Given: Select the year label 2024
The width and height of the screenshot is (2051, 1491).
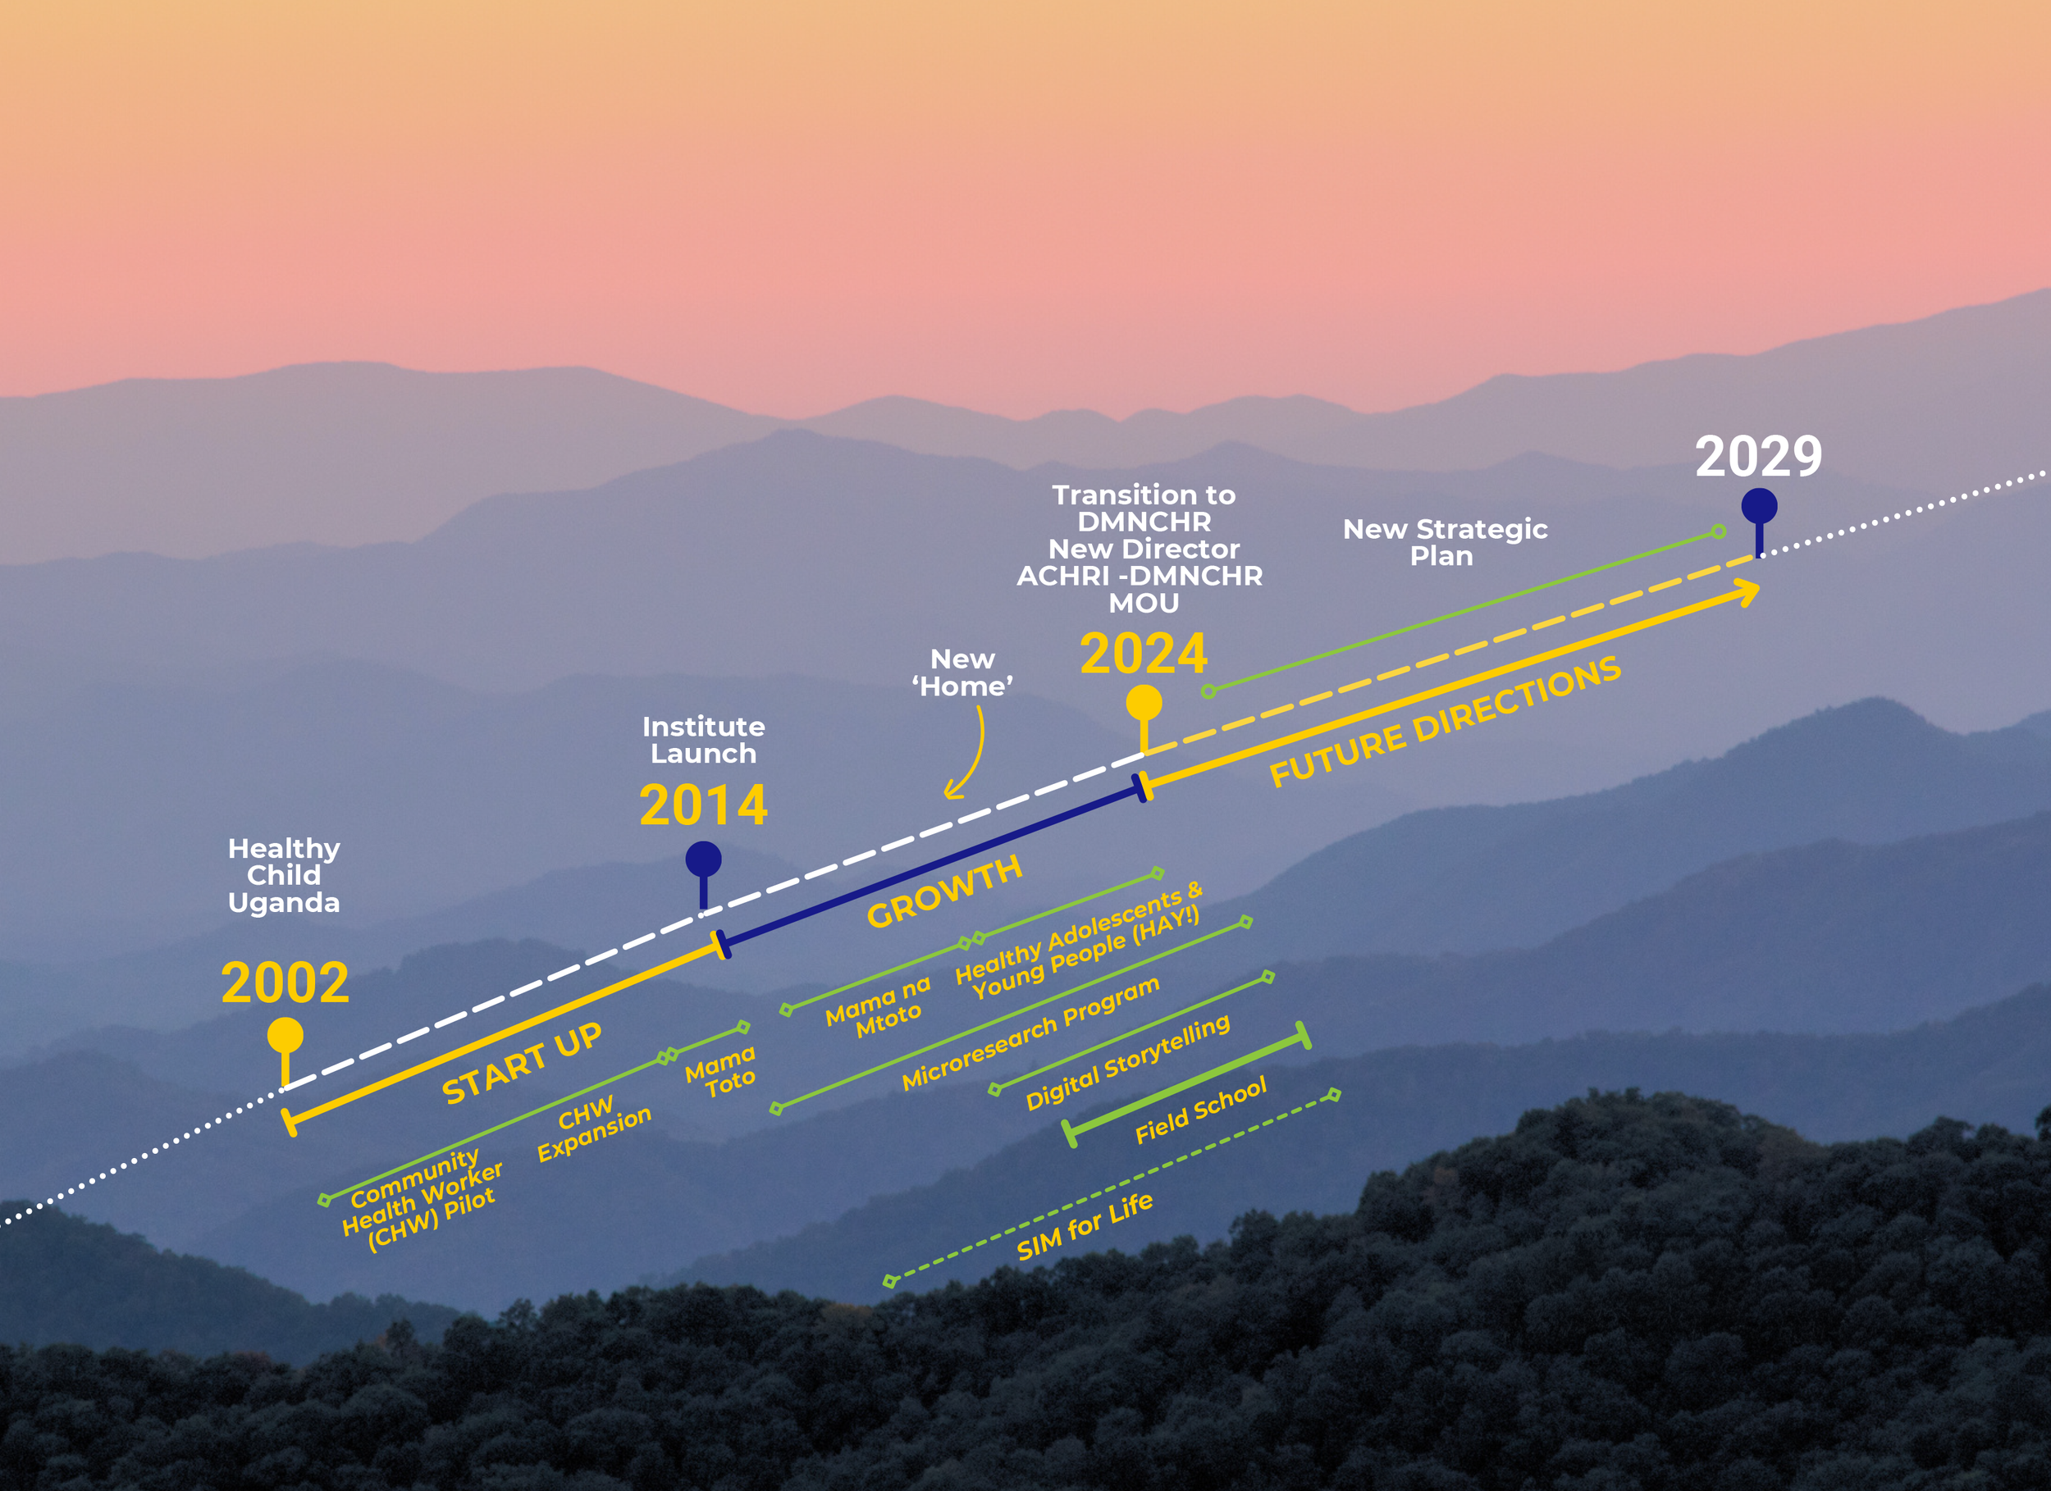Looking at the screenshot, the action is coord(1143,654).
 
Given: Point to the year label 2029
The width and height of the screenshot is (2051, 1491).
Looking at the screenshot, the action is coord(1758,457).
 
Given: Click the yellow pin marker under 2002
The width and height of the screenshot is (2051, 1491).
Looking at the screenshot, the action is coord(285,1036).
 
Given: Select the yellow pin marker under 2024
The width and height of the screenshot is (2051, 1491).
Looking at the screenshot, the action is coord(1143,704).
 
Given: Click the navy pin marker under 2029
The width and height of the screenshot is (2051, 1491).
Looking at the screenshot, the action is coord(1759,507).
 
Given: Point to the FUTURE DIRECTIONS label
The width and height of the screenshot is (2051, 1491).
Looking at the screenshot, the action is coord(1444,721).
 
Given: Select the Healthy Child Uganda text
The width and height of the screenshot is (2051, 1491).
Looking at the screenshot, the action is coord(284,874).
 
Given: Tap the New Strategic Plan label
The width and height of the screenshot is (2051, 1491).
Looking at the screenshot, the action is coord(1444,541).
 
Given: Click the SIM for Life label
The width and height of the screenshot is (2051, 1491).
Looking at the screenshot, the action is coord(1085,1226).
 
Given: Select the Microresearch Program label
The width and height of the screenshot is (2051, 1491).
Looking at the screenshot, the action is coord(1030,1033).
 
